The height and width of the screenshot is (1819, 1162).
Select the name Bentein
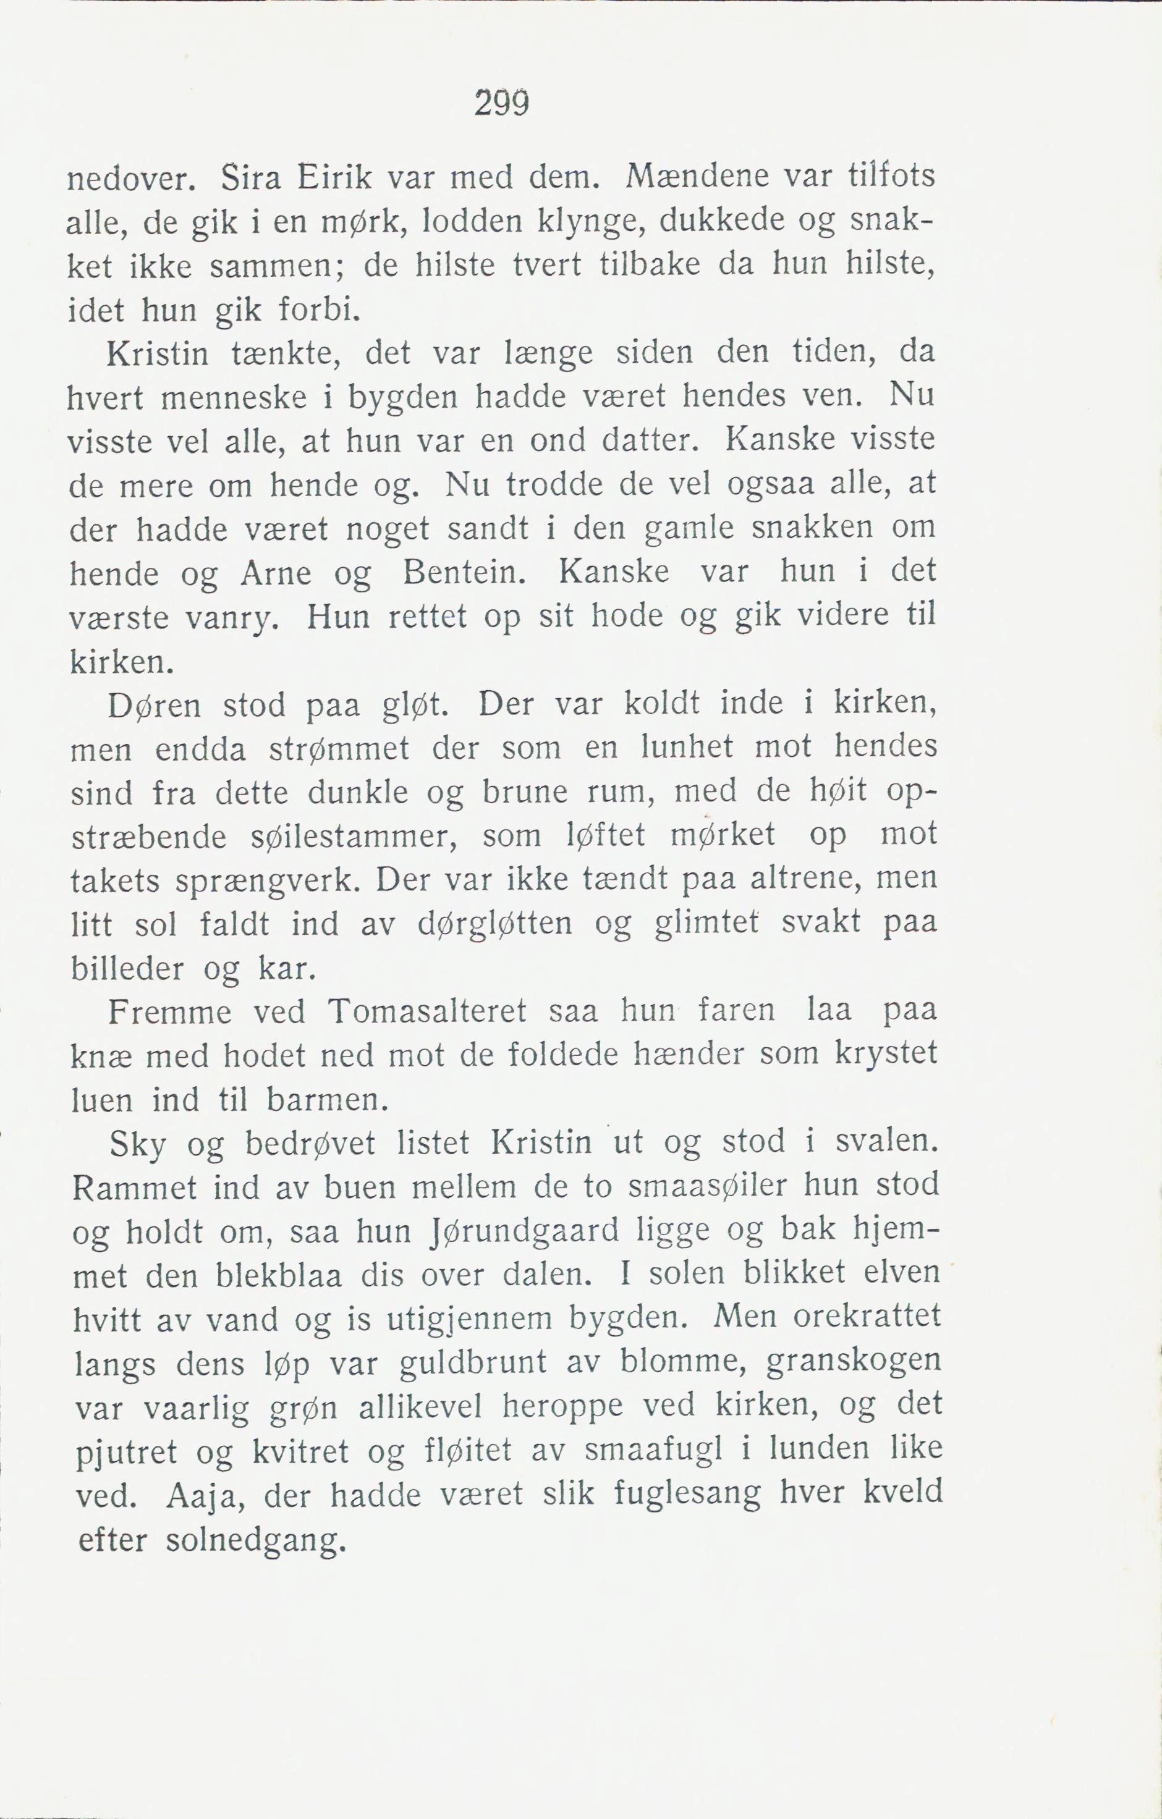coord(464,573)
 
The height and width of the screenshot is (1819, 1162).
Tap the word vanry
coord(234,620)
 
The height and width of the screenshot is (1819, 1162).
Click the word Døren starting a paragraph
coord(155,706)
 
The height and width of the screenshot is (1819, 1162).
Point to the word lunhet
coord(687,747)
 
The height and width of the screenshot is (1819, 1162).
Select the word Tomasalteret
coord(427,1012)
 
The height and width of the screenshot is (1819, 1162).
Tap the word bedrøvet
coord(310,1144)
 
